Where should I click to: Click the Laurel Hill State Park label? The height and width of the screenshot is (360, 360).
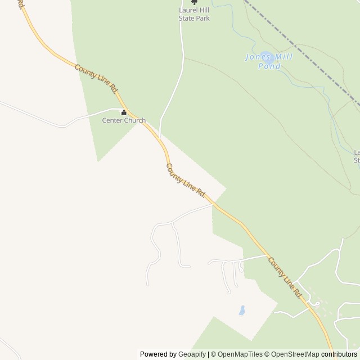point(194,13)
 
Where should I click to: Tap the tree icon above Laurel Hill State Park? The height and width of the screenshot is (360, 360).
point(194,2)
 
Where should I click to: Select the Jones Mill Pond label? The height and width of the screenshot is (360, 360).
point(262,61)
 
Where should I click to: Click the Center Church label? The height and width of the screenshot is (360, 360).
point(124,120)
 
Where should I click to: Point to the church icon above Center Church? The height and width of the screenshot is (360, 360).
point(124,112)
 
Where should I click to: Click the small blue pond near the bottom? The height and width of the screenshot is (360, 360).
point(242,310)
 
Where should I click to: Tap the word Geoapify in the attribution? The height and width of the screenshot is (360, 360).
point(191,354)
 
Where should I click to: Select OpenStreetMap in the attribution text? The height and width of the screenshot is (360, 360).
point(292,354)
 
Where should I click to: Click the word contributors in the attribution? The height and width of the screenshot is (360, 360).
point(339,354)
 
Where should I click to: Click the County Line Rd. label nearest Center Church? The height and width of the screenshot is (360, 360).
point(97,79)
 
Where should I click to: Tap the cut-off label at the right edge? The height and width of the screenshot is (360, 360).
point(357,156)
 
